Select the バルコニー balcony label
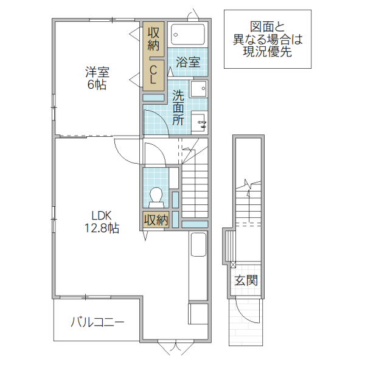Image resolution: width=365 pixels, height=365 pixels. click(97, 321)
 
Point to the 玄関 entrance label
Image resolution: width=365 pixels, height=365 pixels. click(246, 280)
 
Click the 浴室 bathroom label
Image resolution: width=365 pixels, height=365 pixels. click(188, 62)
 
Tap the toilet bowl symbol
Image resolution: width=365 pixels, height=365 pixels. click(156, 196)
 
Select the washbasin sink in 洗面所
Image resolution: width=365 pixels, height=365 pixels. click(198, 90)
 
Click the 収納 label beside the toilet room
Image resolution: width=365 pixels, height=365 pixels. click(155, 220)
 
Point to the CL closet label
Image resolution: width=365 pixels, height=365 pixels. click(154, 75)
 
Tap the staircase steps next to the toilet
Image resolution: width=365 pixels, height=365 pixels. click(195, 189)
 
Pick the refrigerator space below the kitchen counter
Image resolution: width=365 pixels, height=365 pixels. click(198, 313)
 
